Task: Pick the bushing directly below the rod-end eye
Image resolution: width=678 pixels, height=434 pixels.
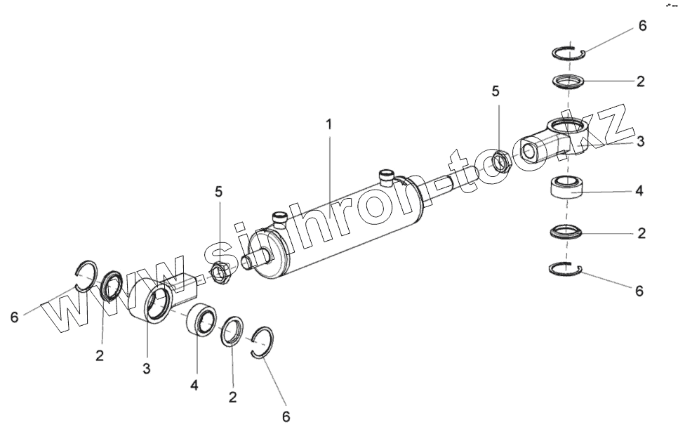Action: tap(568, 190)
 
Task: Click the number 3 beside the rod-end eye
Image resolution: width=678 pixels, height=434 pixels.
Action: tap(640, 141)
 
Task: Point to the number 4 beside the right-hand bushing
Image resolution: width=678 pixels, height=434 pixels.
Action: tap(639, 190)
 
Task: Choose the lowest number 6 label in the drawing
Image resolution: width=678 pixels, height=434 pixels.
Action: tap(286, 416)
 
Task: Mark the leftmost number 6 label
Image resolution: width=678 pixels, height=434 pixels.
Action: tap(14, 317)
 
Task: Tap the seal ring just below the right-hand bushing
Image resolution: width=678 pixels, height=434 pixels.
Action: tap(567, 231)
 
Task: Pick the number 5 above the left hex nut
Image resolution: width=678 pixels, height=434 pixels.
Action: tap(219, 190)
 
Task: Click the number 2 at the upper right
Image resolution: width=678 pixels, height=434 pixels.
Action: tap(640, 81)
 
